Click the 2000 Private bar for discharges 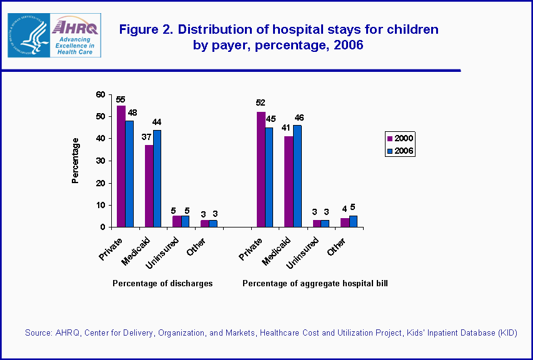coord(121,166)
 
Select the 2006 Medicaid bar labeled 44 coord(157,178)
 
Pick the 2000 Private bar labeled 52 coord(261,169)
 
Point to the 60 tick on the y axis coord(100,94)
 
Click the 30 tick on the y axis coord(100,161)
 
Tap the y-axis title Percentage coord(76,160)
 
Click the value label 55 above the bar coord(121,99)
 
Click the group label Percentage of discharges coord(162,283)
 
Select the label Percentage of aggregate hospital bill coord(315,283)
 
